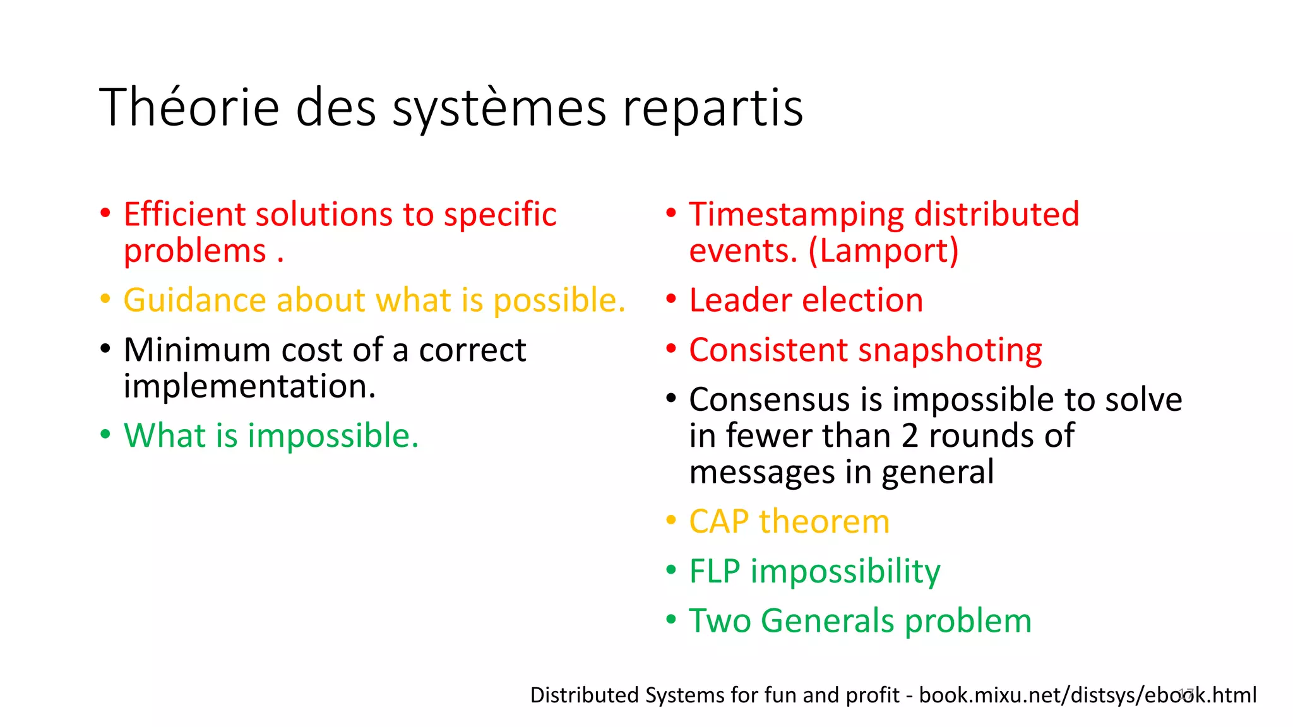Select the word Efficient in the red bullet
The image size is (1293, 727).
(x=184, y=214)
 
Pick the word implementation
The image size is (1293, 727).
(x=249, y=386)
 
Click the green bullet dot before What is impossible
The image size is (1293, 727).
(x=105, y=435)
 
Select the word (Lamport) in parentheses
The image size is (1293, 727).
(x=883, y=251)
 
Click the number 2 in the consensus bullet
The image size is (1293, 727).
(x=910, y=435)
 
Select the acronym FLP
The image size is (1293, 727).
(x=714, y=571)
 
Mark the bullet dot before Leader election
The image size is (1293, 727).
(x=671, y=298)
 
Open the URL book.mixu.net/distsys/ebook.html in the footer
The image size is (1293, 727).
(x=1087, y=695)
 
